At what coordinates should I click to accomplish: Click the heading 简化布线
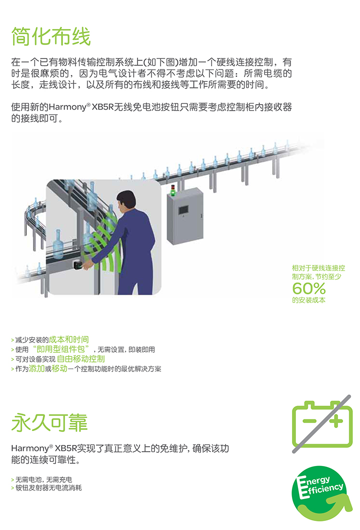tap(51, 36)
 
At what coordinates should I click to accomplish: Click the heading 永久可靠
tap(49, 422)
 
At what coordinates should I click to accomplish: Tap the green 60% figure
tap(309, 288)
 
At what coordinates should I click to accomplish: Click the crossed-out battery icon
tap(322, 424)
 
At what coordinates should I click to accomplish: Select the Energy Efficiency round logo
tap(321, 493)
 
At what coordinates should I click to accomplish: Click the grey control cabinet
tap(185, 215)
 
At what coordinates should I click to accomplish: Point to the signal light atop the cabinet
tap(173, 190)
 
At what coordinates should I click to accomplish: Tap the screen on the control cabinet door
tap(183, 209)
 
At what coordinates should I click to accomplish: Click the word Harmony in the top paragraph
tap(67, 107)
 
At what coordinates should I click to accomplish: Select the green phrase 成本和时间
tap(69, 339)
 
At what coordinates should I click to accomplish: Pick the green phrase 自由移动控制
tap(81, 359)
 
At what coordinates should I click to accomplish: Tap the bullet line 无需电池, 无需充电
tap(43, 479)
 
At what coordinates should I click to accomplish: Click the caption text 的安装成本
tap(308, 300)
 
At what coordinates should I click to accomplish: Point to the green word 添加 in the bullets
tap(37, 368)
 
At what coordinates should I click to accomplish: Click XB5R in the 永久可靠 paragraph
tap(66, 448)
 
